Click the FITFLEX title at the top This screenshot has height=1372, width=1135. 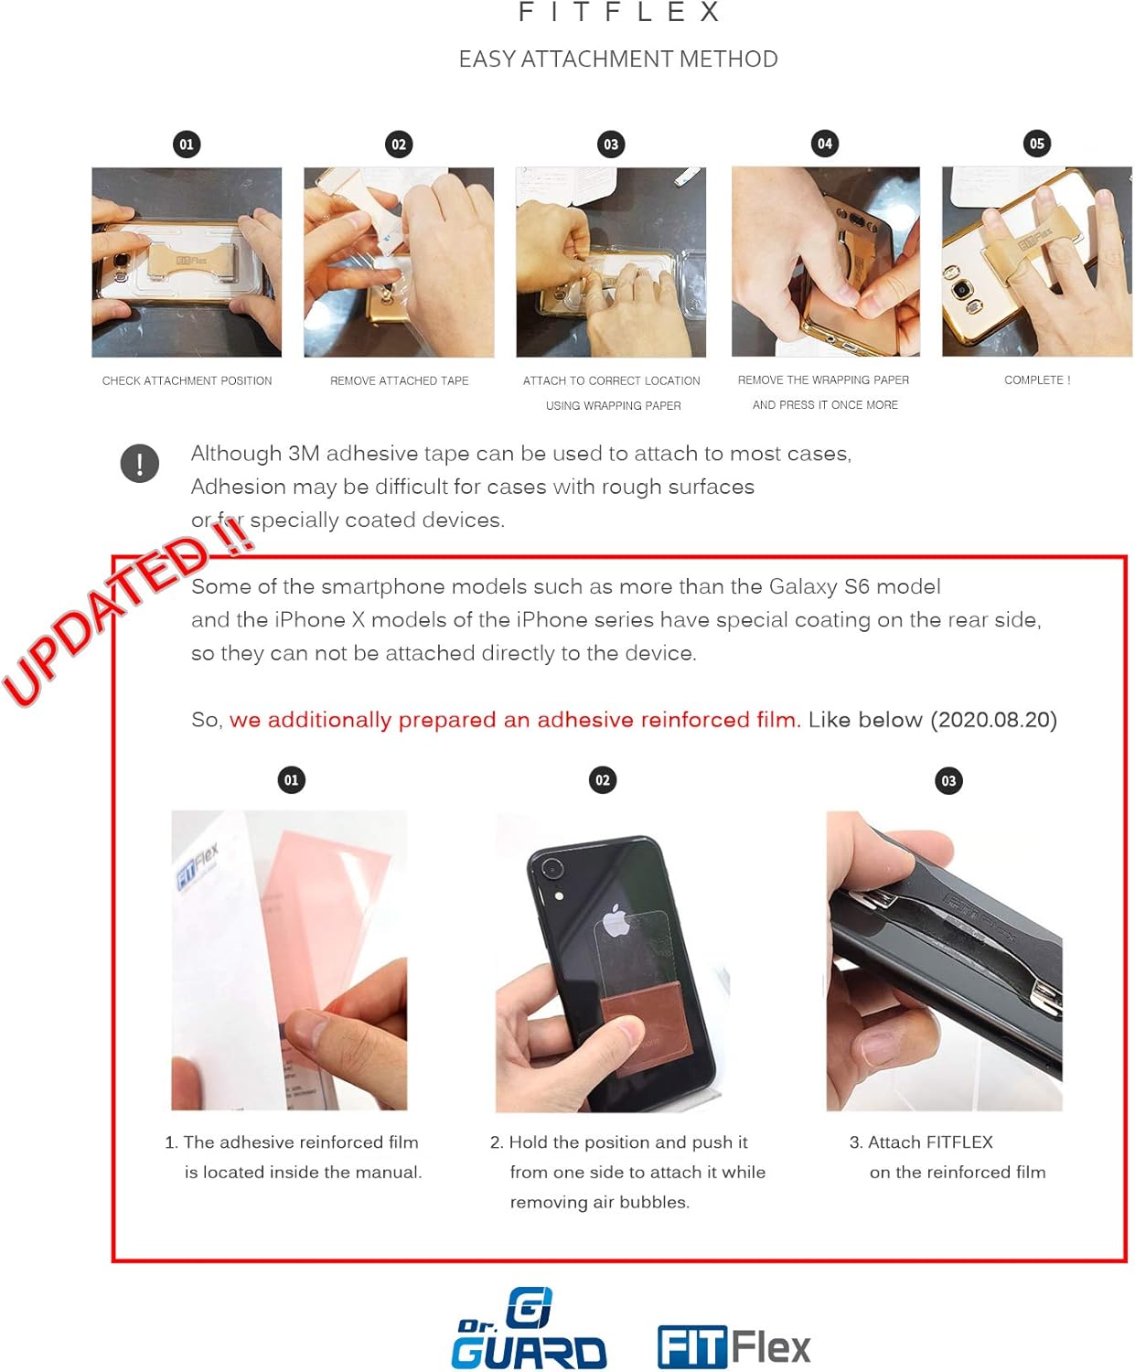[x=619, y=13]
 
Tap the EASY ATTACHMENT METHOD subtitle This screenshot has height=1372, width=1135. [x=618, y=59]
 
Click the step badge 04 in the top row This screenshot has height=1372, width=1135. [x=824, y=144]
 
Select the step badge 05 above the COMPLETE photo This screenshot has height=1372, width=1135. [x=1036, y=144]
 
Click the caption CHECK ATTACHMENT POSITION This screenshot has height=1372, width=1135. [x=187, y=381]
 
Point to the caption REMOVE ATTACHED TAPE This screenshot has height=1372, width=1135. [x=399, y=381]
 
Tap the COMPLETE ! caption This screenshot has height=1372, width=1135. [x=1036, y=380]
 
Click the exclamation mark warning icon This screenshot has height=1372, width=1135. [x=140, y=464]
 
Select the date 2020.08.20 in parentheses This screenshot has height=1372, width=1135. [x=993, y=720]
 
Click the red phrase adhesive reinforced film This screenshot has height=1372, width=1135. [x=514, y=720]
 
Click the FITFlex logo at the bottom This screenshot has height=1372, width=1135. [x=733, y=1346]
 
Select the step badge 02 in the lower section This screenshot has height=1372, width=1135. [x=602, y=780]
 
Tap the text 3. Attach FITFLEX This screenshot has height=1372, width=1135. [x=921, y=1142]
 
